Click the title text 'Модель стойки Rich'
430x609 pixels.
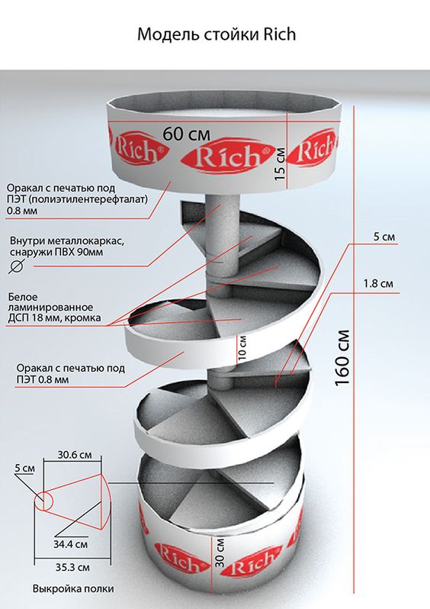[x=217, y=34]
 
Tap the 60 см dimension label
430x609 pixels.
[x=187, y=134]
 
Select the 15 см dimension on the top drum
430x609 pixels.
[x=281, y=163]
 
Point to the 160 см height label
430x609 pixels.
[x=342, y=358]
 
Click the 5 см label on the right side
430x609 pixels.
[x=384, y=237]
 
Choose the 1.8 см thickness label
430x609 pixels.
[x=378, y=284]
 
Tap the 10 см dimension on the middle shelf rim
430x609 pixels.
[x=242, y=347]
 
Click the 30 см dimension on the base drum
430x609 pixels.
[x=220, y=552]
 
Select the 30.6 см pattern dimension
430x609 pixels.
[x=75, y=454]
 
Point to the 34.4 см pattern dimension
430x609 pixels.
[x=71, y=544]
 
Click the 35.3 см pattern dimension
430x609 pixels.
[x=72, y=568]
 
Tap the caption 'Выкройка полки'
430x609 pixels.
[x=73, y=589]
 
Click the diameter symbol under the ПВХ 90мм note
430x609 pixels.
[x=16, y=266]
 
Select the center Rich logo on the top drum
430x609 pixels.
[x=228, y=156]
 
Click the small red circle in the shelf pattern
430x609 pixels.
[x=43, y=501]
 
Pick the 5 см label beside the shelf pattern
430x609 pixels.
[x=25, y=468]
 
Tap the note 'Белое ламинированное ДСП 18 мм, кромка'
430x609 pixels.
[x=54, y=308]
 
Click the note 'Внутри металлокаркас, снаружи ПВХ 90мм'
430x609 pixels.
[x=67, y=246]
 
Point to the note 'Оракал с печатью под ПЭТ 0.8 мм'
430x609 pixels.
[x=70, y=374]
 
